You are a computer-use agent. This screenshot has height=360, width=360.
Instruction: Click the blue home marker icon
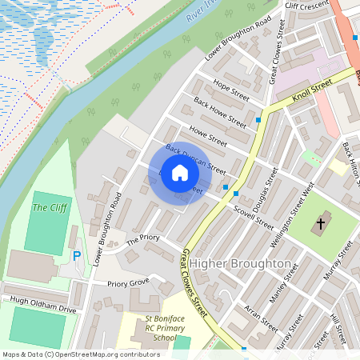coord(180,173)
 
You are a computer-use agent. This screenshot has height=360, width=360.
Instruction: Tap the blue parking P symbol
coord(77,257)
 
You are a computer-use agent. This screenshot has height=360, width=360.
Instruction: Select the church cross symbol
coord(322,222)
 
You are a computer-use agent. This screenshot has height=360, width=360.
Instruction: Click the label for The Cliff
coord(50,208)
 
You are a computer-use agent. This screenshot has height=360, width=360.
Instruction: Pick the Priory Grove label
coord(128,282)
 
